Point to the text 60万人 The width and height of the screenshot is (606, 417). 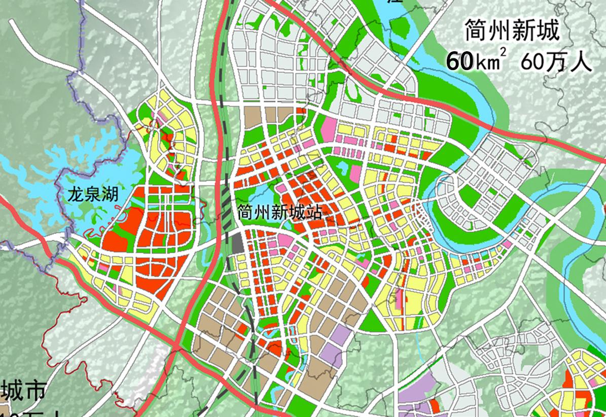tap(556, 62)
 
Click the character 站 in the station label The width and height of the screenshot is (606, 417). tap(314, 213)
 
